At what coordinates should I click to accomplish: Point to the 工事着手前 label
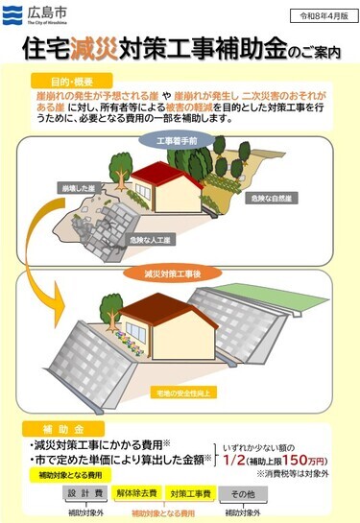[x=179, y=140]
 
